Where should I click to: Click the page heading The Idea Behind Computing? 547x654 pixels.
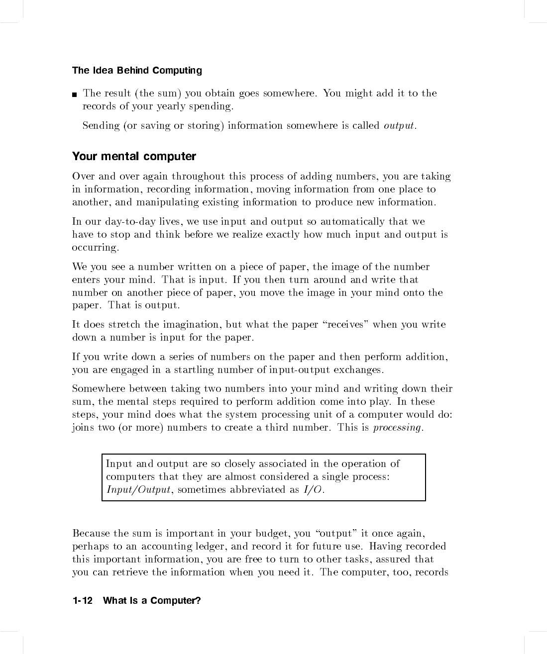click(137, 71)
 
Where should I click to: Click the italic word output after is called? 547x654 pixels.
click(399, 126)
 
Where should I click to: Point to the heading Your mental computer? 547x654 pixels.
click(134, 157)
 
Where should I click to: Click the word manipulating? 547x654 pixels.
click(168, 202)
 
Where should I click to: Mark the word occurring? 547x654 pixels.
click(95, 248)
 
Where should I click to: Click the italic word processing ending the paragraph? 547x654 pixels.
click(397, 428)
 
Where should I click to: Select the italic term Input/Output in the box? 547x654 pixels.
click(138, 490)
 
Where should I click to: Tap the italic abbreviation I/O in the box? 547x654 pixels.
click(313, 490)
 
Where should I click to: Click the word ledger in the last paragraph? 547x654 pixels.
click(209, 547)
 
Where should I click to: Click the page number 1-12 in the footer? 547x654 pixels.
click(83, 601)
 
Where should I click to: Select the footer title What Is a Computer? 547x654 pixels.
click(152, 601)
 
